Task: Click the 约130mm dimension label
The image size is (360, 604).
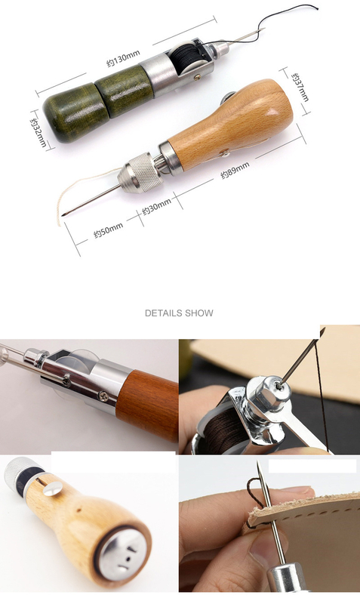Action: (123, 58)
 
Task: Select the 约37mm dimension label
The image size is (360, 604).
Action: (300, 87)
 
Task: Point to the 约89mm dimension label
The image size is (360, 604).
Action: (235, 170)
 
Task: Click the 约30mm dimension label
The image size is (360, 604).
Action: (156, 207)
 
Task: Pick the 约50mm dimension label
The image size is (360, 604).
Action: (109, 230)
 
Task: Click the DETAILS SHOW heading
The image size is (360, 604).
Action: (179, 313)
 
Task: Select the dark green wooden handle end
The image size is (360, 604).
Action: (72, 112)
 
